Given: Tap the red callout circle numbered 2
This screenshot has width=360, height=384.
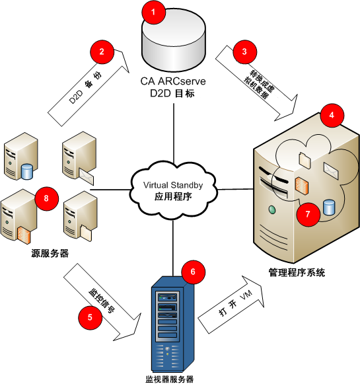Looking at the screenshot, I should (x=101, y=51).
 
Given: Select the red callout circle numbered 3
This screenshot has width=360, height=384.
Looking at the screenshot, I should (x=245, y=51).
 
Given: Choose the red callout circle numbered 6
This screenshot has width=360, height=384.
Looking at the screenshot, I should (x=192, y=272).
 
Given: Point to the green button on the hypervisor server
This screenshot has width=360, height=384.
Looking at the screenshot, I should (x=271, y=210).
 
